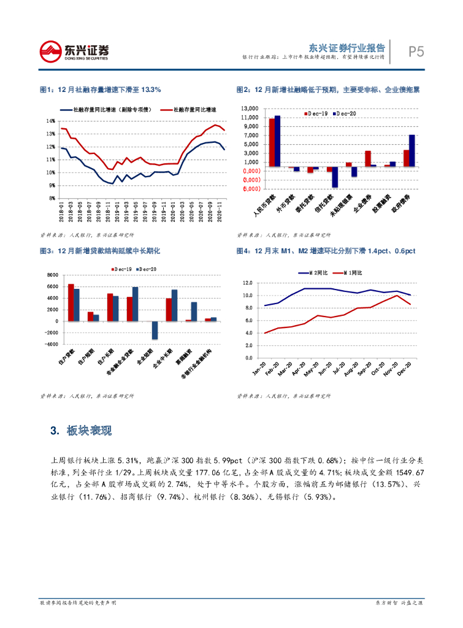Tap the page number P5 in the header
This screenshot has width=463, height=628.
(417, 52)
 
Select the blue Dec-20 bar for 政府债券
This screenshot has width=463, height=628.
(412, 150)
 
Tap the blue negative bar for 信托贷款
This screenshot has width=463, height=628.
(335, 177)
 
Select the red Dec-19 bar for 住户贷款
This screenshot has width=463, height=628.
(71, 302)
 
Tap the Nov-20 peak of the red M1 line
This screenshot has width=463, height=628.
(397, 296)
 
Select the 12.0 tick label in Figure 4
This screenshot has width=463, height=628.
(247, 283)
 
